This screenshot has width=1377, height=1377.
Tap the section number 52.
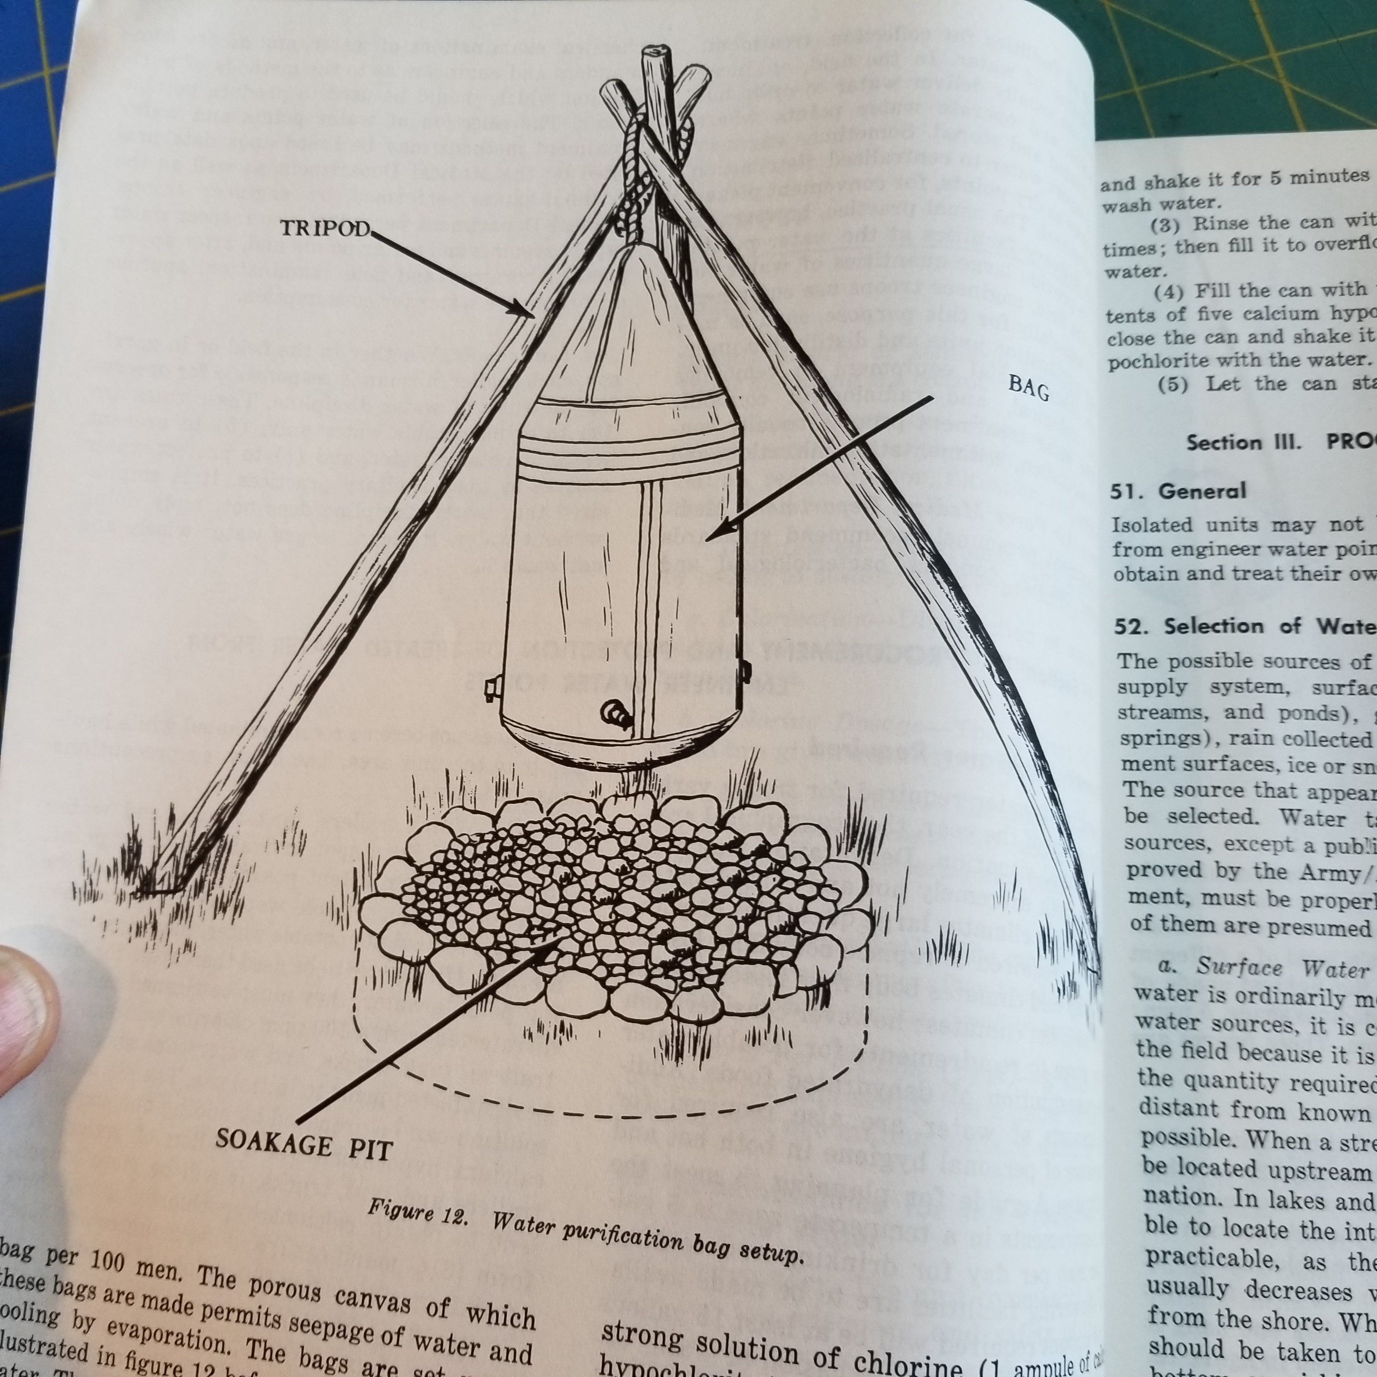point(1132,626)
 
